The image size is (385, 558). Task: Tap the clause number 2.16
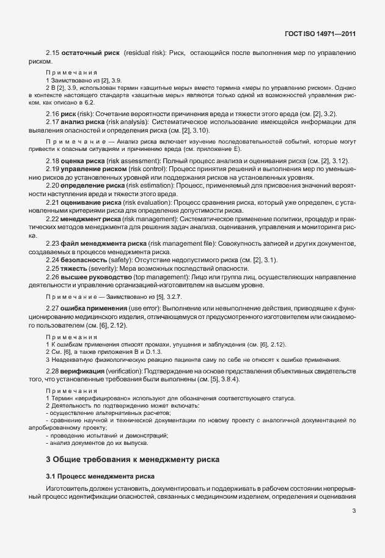click(53, 114)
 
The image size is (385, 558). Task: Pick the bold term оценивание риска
click(89, 201)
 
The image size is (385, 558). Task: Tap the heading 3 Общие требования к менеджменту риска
click(132, 458)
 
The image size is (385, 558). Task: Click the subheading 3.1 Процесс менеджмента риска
click(101, 475)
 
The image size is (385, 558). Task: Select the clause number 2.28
click(53, 371)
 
